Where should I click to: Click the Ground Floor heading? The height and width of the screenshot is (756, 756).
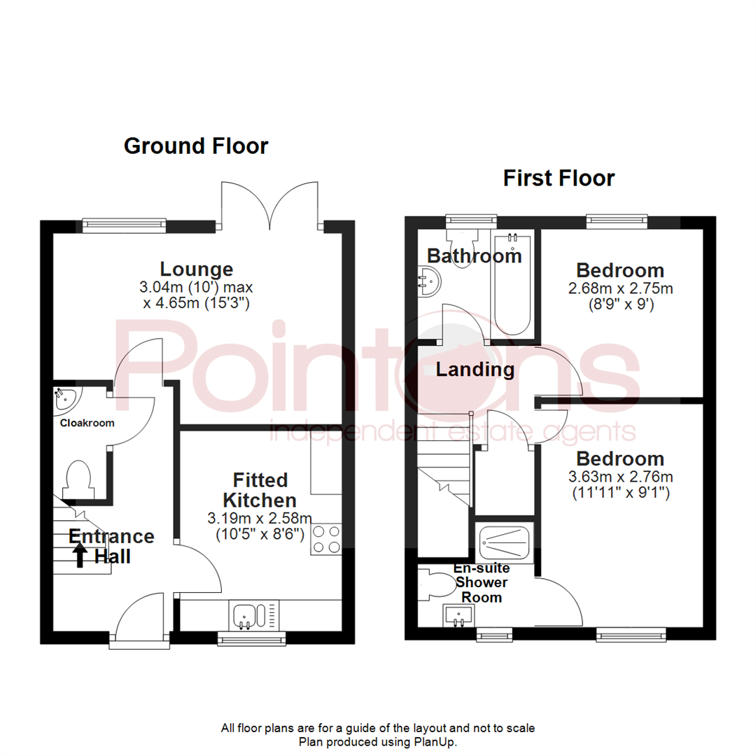pos(195,146)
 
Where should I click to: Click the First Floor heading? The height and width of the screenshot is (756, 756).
pos(559,178)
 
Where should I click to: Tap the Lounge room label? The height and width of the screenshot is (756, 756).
pos(196,269)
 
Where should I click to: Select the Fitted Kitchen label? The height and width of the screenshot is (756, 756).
pos(259,490)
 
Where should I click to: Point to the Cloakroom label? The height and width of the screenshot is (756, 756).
pos(87,423)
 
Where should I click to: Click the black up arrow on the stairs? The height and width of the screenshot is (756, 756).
pos(80,556)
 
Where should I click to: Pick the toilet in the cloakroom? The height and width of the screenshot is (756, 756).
pos(76,478)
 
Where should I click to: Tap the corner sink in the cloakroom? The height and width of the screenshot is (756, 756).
pos(66,399)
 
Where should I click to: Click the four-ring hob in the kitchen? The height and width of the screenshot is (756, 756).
pos(326,540)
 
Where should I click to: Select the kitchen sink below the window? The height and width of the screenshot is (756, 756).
pos(247,616)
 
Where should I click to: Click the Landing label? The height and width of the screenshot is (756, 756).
pos(475,369)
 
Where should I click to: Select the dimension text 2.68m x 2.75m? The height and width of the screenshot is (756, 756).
pos(619,288)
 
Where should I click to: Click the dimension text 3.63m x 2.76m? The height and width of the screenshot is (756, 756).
pos(619,477)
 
